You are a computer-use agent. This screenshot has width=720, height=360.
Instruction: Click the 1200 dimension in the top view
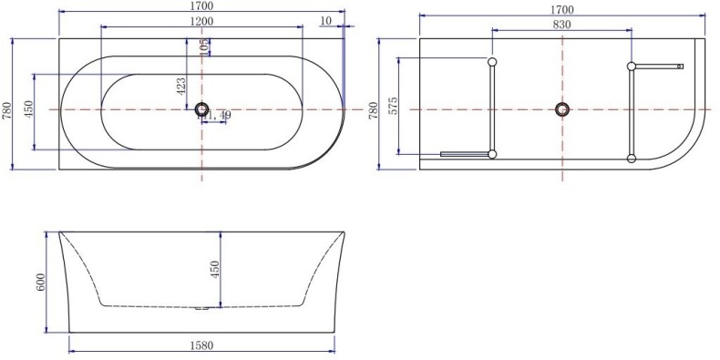pos(201,21)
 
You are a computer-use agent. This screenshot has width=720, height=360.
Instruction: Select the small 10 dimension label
pos(326,21)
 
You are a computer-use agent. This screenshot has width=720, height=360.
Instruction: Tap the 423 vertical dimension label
pos(181,86)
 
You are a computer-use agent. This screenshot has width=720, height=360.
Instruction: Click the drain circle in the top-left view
pos(201,109)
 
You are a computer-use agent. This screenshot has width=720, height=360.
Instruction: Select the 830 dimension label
pos(561,25)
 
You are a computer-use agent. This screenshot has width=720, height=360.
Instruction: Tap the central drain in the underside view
pos(561,109)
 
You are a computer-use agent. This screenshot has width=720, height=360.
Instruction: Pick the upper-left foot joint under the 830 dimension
pos(492,63)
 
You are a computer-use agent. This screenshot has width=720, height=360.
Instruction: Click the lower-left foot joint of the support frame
pos(492,154)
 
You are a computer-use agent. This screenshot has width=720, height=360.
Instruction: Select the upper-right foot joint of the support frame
pos(631,66)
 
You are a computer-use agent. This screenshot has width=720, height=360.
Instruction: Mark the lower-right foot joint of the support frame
pos(631,159)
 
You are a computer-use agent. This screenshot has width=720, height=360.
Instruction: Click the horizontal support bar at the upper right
pos(658,66)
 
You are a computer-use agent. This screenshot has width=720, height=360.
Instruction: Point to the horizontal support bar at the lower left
pos(465,154)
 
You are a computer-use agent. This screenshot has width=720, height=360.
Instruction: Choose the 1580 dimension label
pos(202,346)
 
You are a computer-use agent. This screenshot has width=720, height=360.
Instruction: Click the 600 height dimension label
pos(41,283)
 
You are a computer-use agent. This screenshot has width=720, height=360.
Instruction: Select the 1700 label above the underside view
pos(561,9)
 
